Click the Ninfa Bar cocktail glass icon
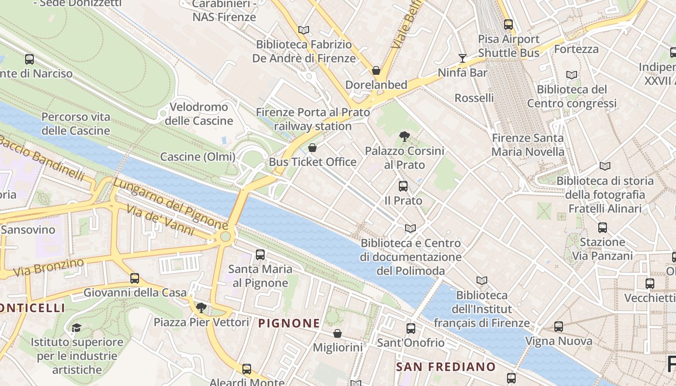coord(463,58)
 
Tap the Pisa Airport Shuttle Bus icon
coord(508,24)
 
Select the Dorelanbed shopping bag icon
coord(376,70)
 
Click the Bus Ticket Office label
coord(312,162)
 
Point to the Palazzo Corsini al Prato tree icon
coord(405,137)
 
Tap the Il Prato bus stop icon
coord(403,186)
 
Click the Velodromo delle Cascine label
coord(199,114)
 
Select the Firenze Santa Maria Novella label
coord(528,145)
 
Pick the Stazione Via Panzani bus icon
coord(602,227)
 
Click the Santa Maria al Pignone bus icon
coord(260,254)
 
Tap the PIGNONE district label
coord(289,323)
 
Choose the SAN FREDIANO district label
coord(446,367)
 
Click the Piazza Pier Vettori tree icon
coord(201,307)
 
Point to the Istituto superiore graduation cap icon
coord(76,328)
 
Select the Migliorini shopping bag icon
coord(338,333)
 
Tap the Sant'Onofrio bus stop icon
coord(410,329)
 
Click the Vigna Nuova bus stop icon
coord(559,327)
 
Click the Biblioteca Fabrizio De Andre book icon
coord(303,30)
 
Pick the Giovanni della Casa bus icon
coord(135,278)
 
